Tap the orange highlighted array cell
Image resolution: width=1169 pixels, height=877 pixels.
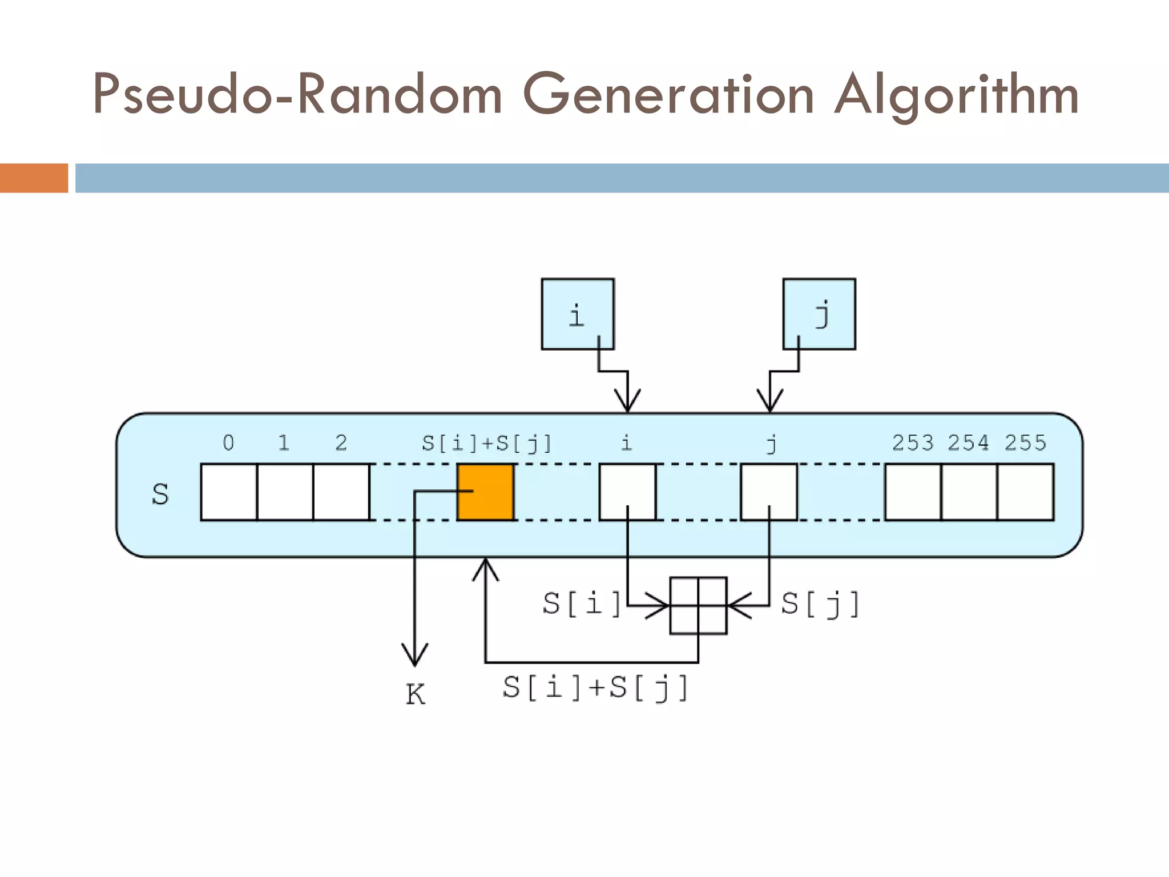(x=486, y=492)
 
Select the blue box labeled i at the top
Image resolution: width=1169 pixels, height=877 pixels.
(x=578, y=314)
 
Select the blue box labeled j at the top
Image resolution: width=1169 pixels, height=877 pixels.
(x=819, y=314)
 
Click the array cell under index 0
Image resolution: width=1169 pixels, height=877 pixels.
(x=229, y=492)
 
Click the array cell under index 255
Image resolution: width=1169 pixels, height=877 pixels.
(x=1026, y=492)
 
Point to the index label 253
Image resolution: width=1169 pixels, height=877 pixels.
(x=913, y=443)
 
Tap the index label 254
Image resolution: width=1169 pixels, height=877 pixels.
(x=969, y=443)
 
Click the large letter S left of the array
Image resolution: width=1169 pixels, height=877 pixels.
(x=160, y=494)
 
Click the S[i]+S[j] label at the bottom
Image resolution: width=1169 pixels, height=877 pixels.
(x=595, y=687)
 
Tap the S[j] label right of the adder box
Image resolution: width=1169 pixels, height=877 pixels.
(x=820, y=604)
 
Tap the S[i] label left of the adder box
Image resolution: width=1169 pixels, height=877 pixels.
(x=582, y=604)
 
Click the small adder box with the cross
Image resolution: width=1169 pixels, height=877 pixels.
(x=698, y=606)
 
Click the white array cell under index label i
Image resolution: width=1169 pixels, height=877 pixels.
(x=627, y=492)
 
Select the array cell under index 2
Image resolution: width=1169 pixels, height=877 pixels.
(x=341, y=492)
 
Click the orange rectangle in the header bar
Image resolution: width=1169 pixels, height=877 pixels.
(x=34, y=178)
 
